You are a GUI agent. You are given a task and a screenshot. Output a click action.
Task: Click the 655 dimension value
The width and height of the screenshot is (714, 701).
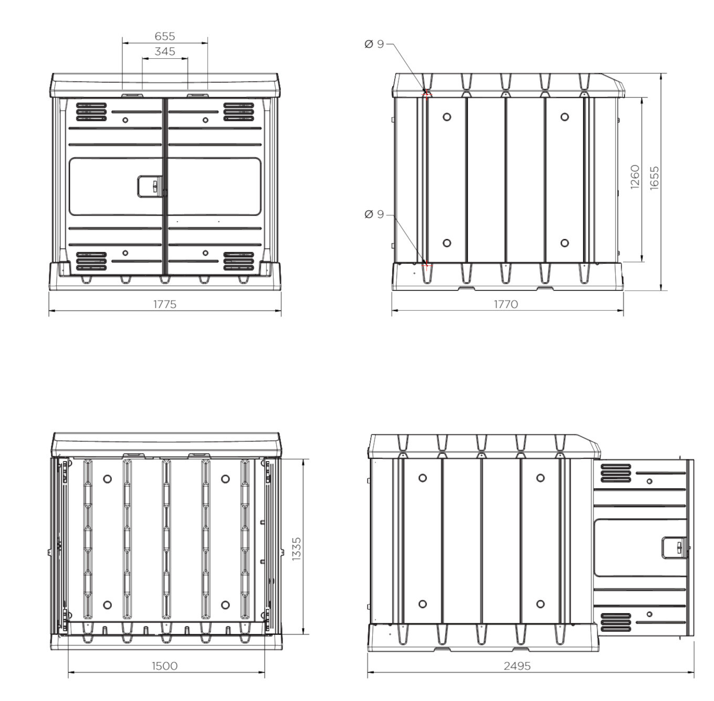point(164,36)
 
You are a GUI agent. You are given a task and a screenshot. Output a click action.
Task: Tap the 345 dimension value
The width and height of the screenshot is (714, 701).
point(165,51)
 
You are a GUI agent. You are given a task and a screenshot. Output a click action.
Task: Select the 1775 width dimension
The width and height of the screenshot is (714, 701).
point(165,304)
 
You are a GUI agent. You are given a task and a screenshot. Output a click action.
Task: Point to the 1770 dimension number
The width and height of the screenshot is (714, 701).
point(506,304)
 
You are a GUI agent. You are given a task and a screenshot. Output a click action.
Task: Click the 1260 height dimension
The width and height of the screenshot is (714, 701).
point(635,177)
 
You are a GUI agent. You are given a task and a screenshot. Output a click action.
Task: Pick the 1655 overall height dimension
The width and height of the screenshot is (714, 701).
point(655,178)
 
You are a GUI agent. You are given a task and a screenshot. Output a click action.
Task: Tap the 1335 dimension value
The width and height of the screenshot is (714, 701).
point(297,549)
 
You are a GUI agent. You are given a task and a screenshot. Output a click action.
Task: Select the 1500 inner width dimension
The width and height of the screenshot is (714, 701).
point(164,666)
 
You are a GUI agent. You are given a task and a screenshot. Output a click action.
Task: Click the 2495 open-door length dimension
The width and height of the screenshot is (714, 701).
point(517,666)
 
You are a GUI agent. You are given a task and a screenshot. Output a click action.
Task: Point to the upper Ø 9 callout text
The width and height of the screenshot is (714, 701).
point(374,44)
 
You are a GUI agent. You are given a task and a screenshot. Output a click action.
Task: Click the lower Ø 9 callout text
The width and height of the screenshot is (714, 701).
point(374,214)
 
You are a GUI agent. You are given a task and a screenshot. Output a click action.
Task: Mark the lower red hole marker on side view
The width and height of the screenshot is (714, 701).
point(426,265)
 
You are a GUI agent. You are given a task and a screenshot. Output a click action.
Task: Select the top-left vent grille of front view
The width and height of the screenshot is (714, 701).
point(91,112)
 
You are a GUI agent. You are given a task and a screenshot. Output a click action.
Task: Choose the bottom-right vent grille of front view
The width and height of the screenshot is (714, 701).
point(239,262)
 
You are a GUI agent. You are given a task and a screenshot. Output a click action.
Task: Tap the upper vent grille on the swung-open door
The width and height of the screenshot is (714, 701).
point(616,473)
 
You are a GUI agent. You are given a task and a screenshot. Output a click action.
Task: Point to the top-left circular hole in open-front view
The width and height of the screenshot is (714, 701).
point(108,479)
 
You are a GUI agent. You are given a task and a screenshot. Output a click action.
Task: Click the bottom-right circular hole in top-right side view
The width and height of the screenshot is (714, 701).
point(565,243)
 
